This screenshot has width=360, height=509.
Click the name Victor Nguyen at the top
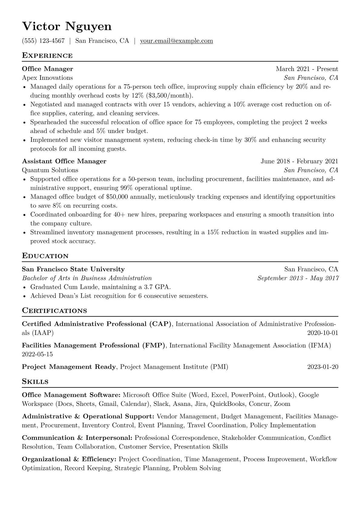click(67, 27)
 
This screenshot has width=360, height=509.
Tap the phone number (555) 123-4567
click(43, 41)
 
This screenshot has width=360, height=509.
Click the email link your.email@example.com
click(176, 41)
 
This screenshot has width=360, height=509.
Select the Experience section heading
click(47, 56)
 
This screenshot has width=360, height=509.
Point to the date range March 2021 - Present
click(307, 69)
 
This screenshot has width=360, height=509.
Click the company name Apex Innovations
click(47, 78)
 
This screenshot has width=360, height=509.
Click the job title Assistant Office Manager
click(64, 161)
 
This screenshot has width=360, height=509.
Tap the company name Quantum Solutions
click(50, 170)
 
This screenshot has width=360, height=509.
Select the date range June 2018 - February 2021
click(299, 161)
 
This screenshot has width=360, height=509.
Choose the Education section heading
click(45, 256)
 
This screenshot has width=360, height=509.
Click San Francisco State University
click(73, 269)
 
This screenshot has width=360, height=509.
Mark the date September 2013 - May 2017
click(298, 278)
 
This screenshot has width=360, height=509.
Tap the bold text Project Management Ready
click(69, 367)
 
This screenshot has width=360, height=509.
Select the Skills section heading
click(35, 382)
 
